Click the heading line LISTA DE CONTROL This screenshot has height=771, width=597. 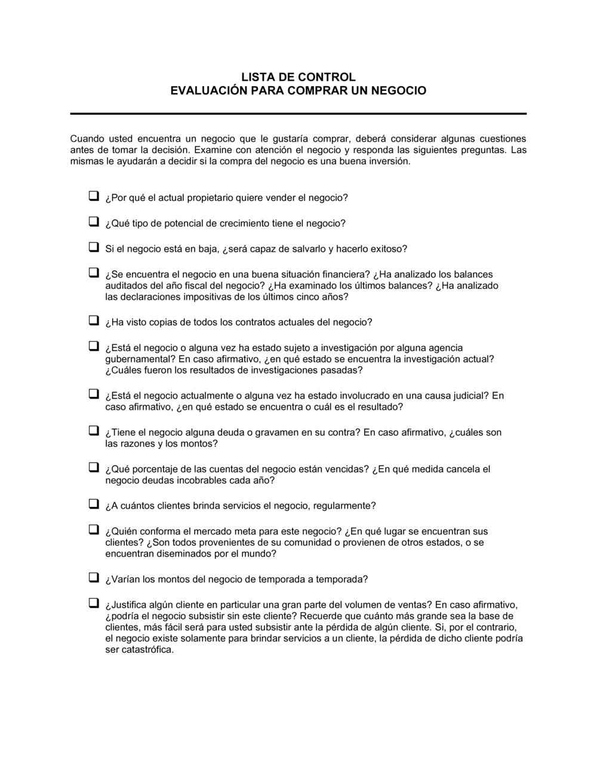298,77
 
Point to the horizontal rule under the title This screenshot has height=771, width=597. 298,114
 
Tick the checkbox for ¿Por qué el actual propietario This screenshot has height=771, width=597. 94,195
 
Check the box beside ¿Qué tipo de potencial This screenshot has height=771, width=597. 94,221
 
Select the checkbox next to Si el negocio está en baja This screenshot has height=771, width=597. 94,246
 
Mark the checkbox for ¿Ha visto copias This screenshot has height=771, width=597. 94,320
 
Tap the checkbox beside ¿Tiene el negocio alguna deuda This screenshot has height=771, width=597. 94,430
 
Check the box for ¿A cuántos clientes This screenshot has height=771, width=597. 94,504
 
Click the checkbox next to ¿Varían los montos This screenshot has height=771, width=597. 94,577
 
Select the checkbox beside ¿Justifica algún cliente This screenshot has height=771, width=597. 94,602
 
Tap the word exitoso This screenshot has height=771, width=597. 388,249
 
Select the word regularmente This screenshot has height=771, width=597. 345,506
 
